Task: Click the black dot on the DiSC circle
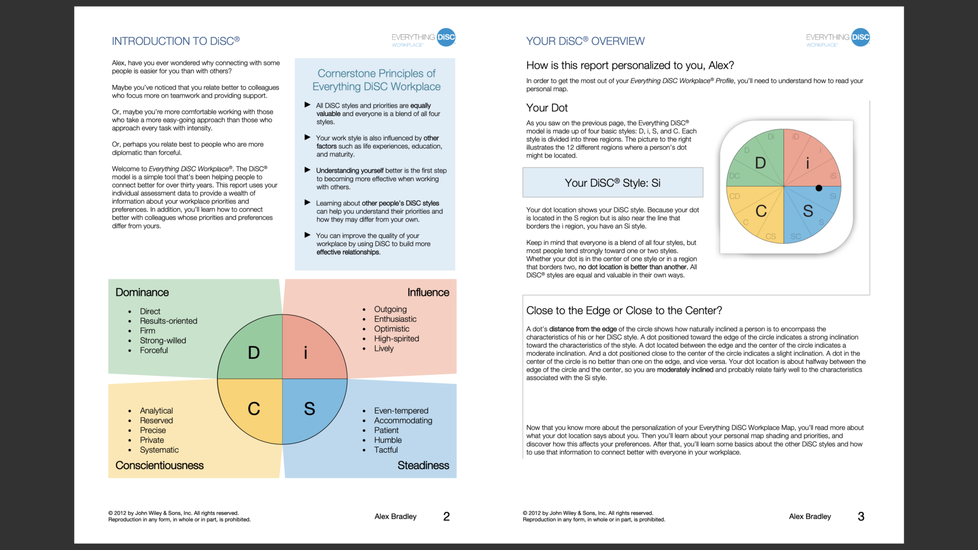tap(819, 188)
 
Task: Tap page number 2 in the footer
tap(446, 517)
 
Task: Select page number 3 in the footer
tap(861, 517)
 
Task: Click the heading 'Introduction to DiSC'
tap(176, 41)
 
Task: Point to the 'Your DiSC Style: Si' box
tap(613, 182)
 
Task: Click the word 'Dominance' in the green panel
tap(142, 292)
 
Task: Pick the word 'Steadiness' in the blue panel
tap(423, 465)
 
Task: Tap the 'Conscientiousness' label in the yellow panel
tap(159, 465)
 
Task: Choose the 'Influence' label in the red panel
tap(428, 292)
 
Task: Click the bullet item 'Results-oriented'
tap(168, 321)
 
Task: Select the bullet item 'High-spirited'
tap(396, 338)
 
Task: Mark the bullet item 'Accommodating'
tap(403, 421)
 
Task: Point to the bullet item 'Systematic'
tap(159, 450)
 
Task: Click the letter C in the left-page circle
tap(254, 409)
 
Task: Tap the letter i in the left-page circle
tap(306, 353)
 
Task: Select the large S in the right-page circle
tap(808, 211)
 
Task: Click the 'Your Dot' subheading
tap(547, 108)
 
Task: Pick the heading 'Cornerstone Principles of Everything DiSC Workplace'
tap(376, 80)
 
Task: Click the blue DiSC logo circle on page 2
tap(446, 37)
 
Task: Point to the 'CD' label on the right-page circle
tap(734, 196)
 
